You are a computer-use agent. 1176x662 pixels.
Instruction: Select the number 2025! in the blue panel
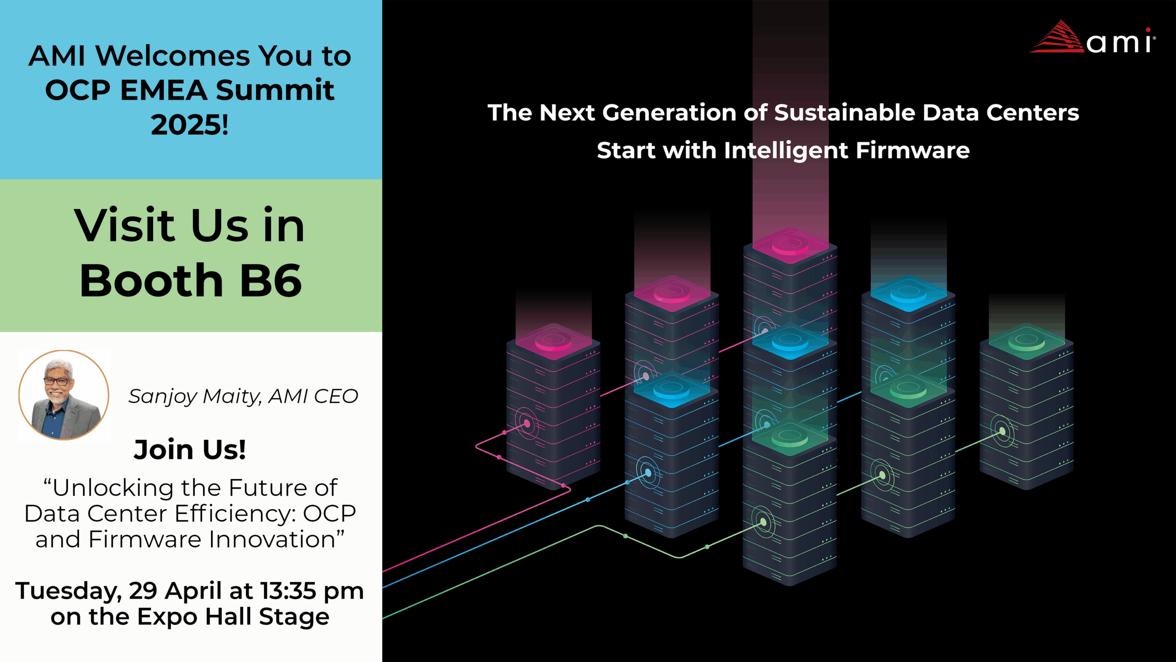[x=190, y=125]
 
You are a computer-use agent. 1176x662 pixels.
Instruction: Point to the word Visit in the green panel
[x=124, y=225]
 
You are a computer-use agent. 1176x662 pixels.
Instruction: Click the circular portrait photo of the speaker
[x=64, y=395]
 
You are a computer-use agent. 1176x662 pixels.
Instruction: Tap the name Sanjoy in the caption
[x=163, y=396]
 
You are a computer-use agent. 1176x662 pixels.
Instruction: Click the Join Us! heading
[x=190, y=449]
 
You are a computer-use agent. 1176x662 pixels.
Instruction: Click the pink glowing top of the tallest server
[x=790, y=245]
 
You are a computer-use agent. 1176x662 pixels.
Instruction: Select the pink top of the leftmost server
[x=554, y=342]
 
